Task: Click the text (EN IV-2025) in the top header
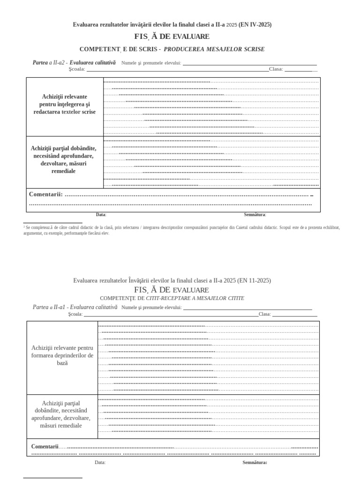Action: pyautogui.click(x=255, y=24)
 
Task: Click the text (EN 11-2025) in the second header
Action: pyautogui.click(x=255, y=280)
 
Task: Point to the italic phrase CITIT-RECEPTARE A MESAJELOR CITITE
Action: pyautogui.click(x=195, y=298)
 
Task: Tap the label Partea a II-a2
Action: pyautogui.click(x=50, y=62)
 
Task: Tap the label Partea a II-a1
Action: pyautogui.click(x=50, y=307)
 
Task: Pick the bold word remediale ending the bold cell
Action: pyautogui.click(x=63, y=171)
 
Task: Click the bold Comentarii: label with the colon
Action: pyautogui.click(x=45, y=194)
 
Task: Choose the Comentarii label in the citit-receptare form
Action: pyautogui.click(x=45, y=446)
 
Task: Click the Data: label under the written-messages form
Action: pyautogui.click(x=101, y=215)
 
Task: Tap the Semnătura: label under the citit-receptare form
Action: pyautogui.click(x=255, y=462)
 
